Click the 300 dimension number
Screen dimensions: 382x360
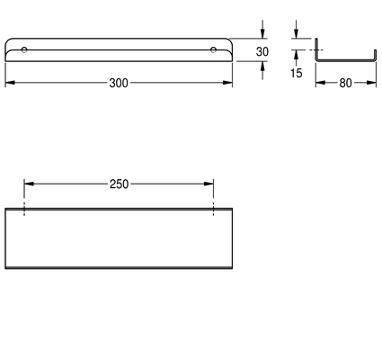click(119, 83)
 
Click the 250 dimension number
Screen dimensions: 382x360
click(119, 184)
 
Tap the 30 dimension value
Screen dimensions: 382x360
click(262, 52)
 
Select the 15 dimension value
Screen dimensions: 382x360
click(296, 73)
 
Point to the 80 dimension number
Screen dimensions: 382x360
click(345, 83)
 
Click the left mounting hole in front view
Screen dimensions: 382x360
click(24, 49)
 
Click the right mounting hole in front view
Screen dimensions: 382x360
click(213, 49)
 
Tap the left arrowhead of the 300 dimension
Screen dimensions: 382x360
click(10, 83)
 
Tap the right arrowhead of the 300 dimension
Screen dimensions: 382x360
click(227, 83)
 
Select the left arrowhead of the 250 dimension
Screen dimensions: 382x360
click(29, 184)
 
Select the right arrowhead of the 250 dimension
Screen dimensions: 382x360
click(209, 184)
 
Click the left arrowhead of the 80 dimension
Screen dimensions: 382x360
click(320, 83)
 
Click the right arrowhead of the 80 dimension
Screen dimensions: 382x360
click(371, 83)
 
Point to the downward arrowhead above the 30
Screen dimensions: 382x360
click(262, 33)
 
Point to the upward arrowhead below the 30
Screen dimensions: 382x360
click(262, 66)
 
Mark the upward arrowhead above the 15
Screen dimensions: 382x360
click(296, 55)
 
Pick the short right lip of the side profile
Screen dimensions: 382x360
click(375, 56)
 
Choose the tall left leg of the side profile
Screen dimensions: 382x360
click(316, 49)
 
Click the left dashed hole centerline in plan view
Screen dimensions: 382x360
click(24, 209)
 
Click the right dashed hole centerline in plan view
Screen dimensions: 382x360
click(213, 209)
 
